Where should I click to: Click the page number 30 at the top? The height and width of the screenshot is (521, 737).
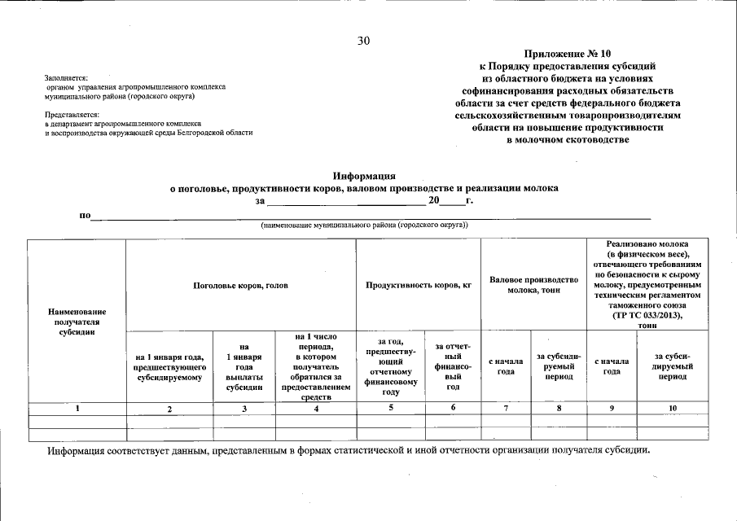point(363,42)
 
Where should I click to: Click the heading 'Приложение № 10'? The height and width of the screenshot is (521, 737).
point(568,54)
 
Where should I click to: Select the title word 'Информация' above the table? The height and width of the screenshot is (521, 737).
point(364,175)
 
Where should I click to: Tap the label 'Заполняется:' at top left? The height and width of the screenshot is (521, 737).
point(67,77)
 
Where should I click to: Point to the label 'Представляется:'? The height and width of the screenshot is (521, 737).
point(72,115)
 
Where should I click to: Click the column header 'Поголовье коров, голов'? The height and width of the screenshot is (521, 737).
point(240,286)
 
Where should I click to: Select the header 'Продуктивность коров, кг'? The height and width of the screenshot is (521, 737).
point(419,286)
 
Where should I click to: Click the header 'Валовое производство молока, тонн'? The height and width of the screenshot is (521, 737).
point(533,285)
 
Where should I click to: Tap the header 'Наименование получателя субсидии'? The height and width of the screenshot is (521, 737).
point(77,322)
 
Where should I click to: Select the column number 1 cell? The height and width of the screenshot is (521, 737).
point(77,409)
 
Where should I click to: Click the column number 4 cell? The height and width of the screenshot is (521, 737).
point(315,409)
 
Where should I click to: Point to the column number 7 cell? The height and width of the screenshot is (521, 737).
point(506,409)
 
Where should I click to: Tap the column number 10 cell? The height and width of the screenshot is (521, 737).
point(672,409)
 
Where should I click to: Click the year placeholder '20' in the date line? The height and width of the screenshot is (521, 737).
point(433,199)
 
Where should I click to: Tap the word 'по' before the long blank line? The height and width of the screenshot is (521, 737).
point(84,216)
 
